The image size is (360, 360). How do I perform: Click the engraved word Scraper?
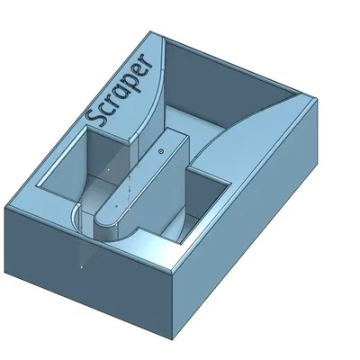tap(121, 93)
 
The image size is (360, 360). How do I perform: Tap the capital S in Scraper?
tap(95, 116)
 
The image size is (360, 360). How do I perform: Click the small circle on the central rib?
tap(160, 152)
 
